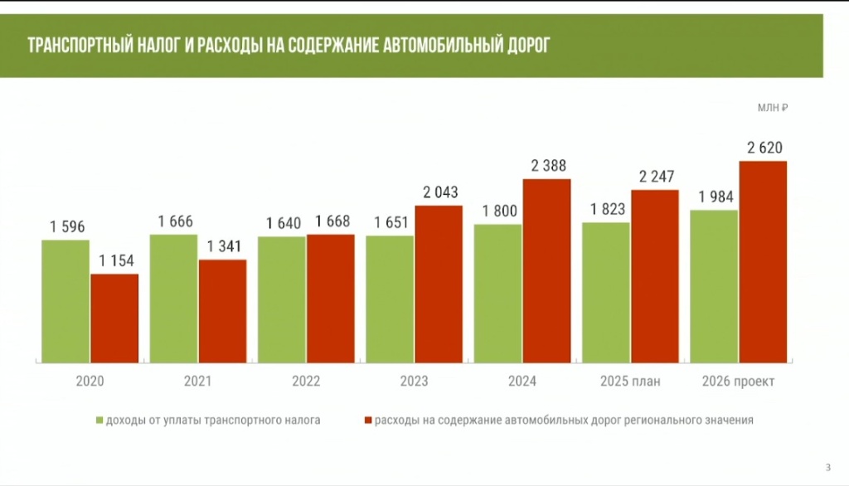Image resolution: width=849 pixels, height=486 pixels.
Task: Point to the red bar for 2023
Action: tap(439, 284)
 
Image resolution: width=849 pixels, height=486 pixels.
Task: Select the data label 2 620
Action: tap(764, 148)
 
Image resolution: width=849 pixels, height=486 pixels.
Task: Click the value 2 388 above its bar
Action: tap(548, 166)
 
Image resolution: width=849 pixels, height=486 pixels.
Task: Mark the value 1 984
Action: tap(715, 197)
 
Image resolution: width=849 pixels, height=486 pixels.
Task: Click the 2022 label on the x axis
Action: tap(307, 382)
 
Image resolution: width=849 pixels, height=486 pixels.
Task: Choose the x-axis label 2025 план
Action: tap(630, 382)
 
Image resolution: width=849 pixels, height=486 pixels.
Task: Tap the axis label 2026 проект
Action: tap(738, 382)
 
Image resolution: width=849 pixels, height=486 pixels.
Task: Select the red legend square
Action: tap(367, 420)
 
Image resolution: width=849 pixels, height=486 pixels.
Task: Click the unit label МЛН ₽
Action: tap(771, 108)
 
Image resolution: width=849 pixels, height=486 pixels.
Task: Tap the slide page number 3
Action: tap(827, 464)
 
